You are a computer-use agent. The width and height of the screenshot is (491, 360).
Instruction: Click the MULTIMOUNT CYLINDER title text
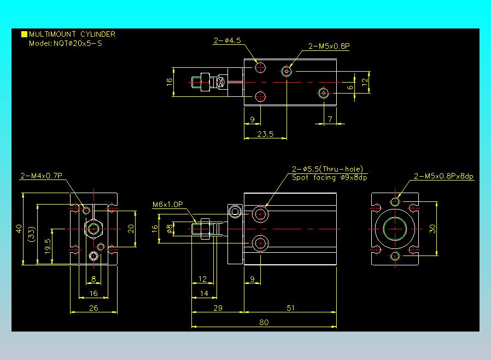coord(72,34)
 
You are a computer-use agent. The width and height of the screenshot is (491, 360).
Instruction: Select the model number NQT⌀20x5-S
coord(78,43)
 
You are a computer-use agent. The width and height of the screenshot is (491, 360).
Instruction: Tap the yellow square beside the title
coord(24,34)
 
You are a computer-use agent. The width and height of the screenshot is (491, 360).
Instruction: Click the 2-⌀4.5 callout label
coord(227,40)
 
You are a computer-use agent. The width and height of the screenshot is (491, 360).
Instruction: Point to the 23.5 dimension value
coord(265,134)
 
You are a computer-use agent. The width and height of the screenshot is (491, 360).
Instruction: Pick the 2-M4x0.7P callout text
coord(42,176)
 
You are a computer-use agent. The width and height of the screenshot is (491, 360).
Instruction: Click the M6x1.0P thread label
coord(167,204)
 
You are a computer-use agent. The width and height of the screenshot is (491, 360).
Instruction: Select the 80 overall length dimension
coord(264,322)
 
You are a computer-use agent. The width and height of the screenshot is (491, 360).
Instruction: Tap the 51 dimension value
coord(290,307)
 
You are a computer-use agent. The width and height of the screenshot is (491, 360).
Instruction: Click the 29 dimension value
coord(218,307)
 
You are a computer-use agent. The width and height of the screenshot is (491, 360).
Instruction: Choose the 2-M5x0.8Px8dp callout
coord(444,176)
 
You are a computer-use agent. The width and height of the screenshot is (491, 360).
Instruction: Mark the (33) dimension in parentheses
coord(32,234)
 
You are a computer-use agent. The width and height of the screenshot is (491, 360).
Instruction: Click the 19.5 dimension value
coord(48,246)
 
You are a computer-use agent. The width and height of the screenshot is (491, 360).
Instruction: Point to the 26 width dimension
coord(93,307)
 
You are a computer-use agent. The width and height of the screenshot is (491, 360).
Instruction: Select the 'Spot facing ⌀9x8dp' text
coord(329,177)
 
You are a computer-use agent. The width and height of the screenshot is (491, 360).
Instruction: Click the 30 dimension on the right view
coord(432,228)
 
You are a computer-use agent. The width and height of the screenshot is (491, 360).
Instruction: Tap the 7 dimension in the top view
coord(330,119)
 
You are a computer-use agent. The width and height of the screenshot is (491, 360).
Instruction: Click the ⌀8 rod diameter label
coord(169,228)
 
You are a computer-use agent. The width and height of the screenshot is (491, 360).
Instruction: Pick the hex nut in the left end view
coord(93,229)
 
